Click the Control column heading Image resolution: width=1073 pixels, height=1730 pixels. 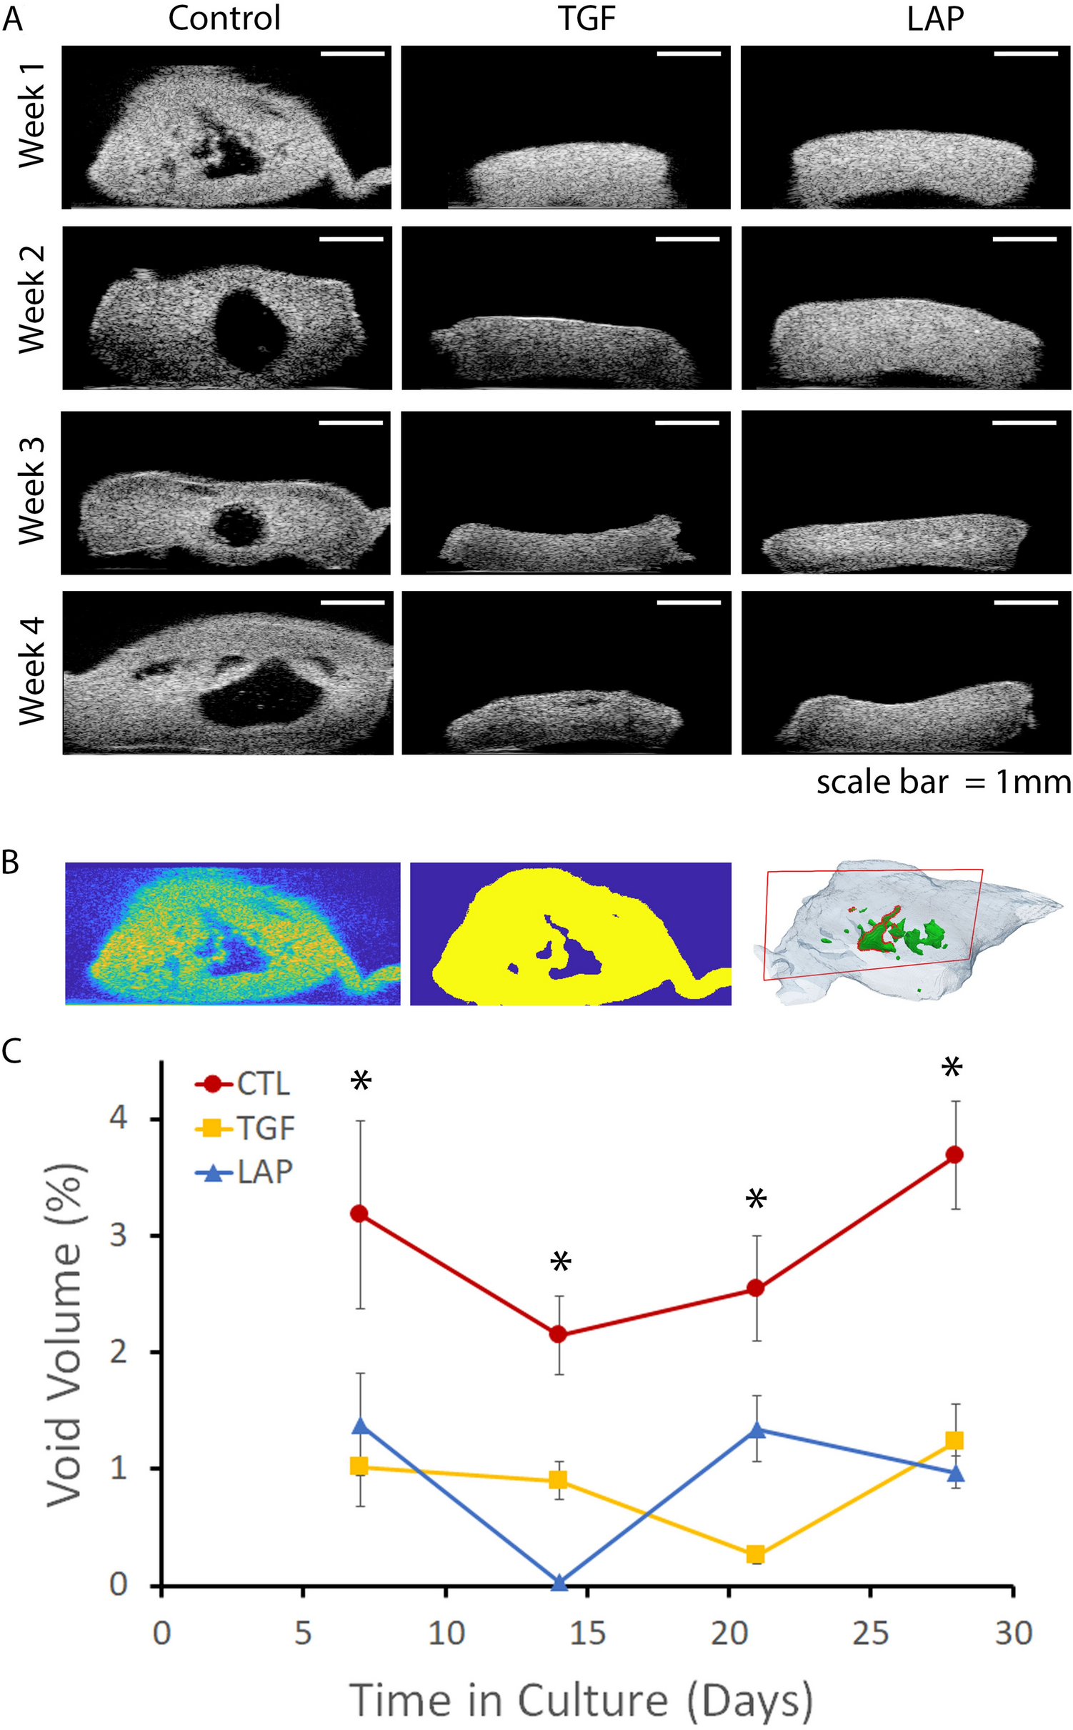[x=224, y=19]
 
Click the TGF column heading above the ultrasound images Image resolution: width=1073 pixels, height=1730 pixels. [x=586, y=19]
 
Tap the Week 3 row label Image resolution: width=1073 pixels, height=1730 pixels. [x=32, y=491]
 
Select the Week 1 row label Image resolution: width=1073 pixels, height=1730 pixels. [x=32, y=115]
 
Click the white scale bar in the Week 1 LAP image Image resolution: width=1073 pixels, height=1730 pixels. [x=1025, y=53]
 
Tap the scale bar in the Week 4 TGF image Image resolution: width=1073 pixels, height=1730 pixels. [x=688, y=602]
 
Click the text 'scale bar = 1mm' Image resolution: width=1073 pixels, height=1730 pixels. [x=943, y=782]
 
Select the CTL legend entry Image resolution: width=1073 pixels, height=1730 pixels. [x=243, y=1084]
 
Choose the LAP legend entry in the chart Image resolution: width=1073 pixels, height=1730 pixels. [x=243, y=1173]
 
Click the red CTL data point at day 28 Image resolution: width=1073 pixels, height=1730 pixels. [x=954, y=1155]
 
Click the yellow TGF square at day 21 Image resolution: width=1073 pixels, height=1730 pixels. [x=755, y=1554]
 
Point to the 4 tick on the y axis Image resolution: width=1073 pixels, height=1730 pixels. [x=119, y=1117]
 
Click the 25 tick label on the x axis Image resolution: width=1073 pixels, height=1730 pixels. [x=869, y=1634]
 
